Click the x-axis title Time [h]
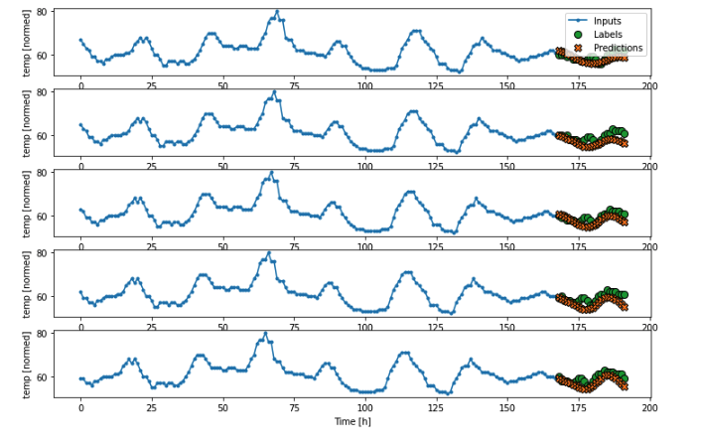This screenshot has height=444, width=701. [x=351, y=422]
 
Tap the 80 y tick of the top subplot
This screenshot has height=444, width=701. [x=43, y=12]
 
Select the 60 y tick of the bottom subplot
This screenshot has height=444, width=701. [x=43, y=377]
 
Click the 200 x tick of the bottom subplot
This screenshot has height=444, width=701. [x=650, y=407]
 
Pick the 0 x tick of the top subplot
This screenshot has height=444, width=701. [x=80, y=85]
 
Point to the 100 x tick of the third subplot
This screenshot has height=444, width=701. [x=365, y=246]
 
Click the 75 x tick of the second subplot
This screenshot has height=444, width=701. [x=295, y=166]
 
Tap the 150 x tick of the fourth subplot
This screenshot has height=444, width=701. [x=508, y=327]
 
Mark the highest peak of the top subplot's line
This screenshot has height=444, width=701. [x=277, y=12]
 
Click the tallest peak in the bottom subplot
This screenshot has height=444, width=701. [x=265, y=334]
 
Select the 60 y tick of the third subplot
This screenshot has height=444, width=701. [x=43, y=217]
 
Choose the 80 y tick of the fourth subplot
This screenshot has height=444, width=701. [x=43, y=253]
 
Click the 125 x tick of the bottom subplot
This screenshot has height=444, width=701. [x=437, y=407]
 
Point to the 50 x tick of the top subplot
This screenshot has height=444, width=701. [x=223, y=85]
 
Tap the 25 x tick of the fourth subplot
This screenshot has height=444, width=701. [x=152, y=327]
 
